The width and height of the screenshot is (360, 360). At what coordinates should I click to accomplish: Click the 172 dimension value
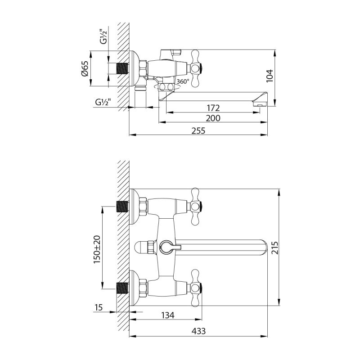pos(213,108)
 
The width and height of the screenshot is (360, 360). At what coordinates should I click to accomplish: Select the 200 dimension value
pos(213,118)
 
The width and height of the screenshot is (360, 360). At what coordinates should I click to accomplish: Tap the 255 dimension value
pos(198,131)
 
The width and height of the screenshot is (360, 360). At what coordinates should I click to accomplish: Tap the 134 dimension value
pos(167,315)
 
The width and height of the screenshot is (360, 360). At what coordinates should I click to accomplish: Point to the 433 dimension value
pos(198,331)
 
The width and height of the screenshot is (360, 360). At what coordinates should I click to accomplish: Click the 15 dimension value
pos(99,308)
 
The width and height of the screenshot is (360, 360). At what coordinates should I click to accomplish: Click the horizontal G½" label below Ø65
pos(103,102)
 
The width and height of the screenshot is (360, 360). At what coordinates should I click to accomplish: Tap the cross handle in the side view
pos(197,68)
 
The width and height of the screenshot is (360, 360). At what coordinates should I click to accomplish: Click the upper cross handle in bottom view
pos(197,206)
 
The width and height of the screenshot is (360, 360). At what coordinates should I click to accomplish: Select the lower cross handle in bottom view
pos(197,287)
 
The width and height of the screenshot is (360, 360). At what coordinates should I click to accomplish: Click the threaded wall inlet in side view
pos(122,68)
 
